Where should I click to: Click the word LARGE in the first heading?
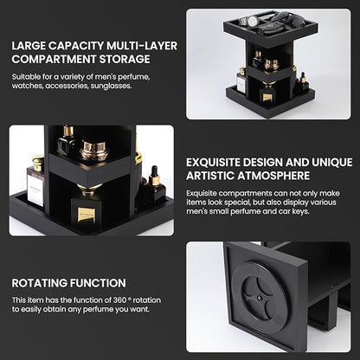pyautogui.click(x=29, y=45)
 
